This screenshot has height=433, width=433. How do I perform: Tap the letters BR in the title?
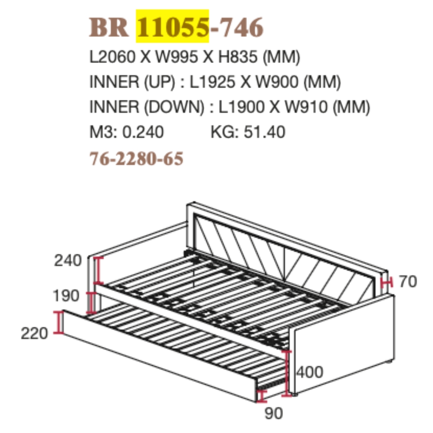pos(109,27)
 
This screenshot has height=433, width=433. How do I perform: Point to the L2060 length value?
pos(113,57)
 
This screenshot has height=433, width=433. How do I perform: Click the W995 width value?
pos(177,57)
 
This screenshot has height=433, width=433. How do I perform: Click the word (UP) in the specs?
pos(160,82)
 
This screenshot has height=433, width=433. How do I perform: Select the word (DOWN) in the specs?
pos(174,107)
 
